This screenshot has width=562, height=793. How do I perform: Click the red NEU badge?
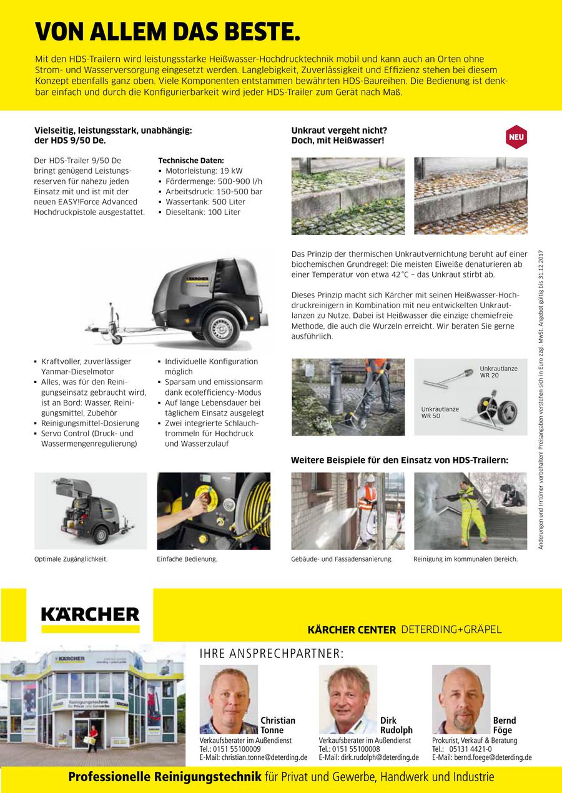(516, 137)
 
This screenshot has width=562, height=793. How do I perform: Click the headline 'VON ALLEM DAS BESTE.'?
(168, 31)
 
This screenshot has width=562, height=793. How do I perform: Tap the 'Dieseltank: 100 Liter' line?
(202, 212)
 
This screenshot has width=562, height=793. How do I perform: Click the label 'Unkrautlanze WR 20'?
(498, 372)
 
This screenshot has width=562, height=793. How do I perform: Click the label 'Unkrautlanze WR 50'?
(440, 412)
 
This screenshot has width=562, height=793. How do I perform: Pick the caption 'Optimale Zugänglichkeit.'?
(71, 559)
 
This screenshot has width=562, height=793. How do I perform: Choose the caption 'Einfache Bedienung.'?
(187, 559)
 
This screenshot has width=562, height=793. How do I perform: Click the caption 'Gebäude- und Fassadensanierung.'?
(342, 559)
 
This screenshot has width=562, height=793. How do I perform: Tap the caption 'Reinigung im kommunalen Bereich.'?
(465, 559)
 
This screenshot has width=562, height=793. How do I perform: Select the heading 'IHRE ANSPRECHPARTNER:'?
(271, 654)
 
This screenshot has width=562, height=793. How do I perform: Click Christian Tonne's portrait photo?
(229, 699)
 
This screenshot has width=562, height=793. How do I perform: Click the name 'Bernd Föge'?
(503, 725)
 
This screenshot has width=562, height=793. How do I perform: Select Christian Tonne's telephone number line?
(230, 749)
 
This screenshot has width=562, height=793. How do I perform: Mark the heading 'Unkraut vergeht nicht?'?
(339, 130)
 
